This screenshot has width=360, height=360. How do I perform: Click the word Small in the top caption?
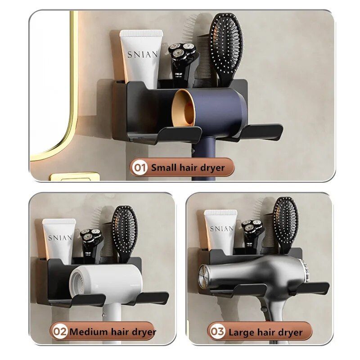point(162,168)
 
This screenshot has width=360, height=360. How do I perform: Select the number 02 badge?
point(60,333)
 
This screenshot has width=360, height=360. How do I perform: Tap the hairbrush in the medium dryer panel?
point(124,229)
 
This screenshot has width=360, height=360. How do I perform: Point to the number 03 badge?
point(217,333)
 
